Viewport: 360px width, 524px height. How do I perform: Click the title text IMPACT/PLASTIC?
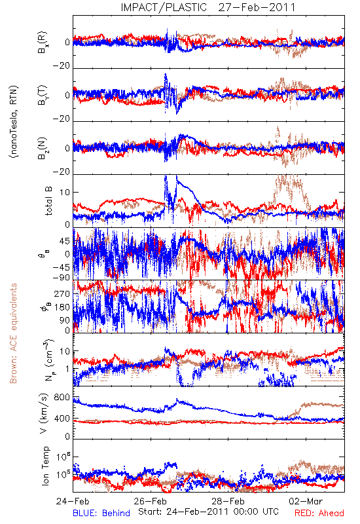[x=164, y=7]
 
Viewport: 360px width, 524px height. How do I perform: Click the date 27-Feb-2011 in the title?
[x=257, y=7]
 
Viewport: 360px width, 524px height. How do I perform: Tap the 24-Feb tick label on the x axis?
[x=73, y=501]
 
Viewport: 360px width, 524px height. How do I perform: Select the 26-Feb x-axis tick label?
[x=151, y=501]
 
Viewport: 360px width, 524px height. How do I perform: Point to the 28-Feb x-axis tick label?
[x=228, y=501]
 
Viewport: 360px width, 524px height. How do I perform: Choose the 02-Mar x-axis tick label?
[x=306, y=501]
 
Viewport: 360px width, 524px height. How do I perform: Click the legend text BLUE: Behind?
[x=101, y=513]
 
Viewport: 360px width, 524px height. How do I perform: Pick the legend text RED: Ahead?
[x=319, y=513]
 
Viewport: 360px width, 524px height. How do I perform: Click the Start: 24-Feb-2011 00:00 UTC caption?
[x=208, y=512]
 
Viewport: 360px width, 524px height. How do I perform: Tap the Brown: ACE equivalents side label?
[x=13, y=333]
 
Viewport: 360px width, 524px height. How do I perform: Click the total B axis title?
[x=48, y=201]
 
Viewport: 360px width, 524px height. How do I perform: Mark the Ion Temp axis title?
[x=45, y=466]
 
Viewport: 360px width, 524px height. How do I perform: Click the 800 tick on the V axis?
[x=62, y=398]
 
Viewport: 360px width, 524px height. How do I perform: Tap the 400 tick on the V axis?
[x=62, y=419]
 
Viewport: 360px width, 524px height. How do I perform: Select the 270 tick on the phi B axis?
[x=62, y=293]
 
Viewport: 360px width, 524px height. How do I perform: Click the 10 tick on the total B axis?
[x=65, y=193]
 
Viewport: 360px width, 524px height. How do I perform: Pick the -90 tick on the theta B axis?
[x=61, y=277]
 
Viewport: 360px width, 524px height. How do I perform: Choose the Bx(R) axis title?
[x=43, y=43]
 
